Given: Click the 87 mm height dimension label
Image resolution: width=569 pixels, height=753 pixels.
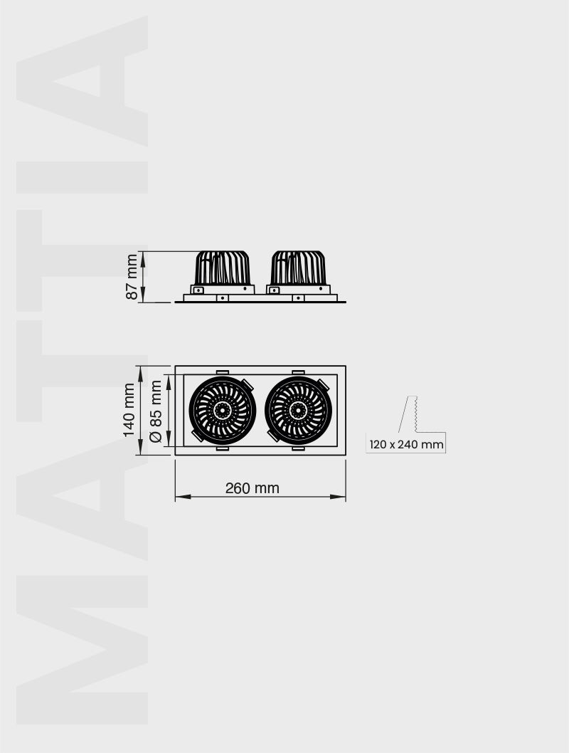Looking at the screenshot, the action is pos(132,277).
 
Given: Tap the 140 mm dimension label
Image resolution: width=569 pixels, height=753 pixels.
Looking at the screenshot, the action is pos(129,410).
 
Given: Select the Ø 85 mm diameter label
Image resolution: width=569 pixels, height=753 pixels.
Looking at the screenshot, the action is pos(156,411).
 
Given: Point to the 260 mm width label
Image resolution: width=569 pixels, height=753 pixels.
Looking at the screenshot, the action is pos(252,488).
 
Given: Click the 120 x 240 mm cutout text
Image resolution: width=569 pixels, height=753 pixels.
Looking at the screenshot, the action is pos(406,444).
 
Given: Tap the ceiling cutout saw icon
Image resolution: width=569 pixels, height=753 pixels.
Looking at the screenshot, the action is pos(409,414).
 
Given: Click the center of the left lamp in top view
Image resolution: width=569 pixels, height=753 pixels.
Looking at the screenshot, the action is pos(223,410).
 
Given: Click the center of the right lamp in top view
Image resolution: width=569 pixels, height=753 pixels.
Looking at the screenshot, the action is pos(299,410).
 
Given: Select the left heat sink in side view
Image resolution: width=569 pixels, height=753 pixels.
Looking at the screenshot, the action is pos(222,268).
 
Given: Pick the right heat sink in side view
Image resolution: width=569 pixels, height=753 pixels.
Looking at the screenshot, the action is pos(299,268).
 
